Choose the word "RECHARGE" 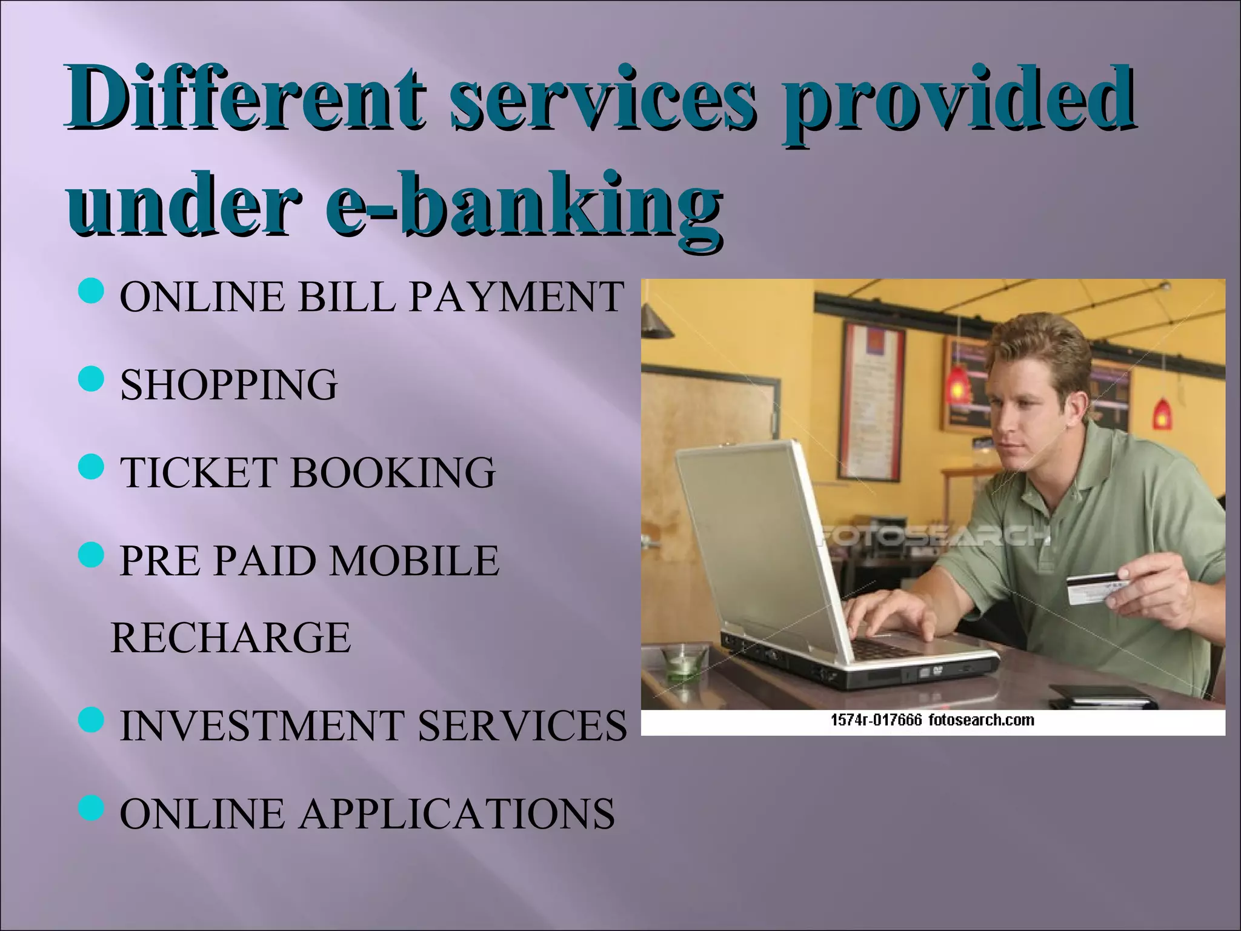231,638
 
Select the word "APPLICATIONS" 457,813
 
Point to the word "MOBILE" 414,561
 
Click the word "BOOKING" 393,472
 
